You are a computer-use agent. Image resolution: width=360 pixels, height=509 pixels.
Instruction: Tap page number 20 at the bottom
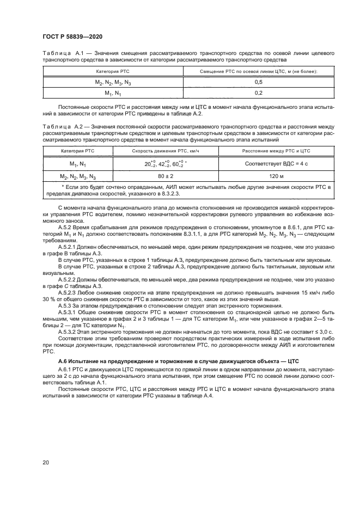(46, 462)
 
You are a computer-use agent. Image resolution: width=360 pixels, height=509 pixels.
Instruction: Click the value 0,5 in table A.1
(258, 82)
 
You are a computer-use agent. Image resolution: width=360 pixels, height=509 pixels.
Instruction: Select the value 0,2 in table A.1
(258, 93)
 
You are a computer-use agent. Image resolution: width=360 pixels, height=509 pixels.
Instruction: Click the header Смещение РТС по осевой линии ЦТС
(258, 71)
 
